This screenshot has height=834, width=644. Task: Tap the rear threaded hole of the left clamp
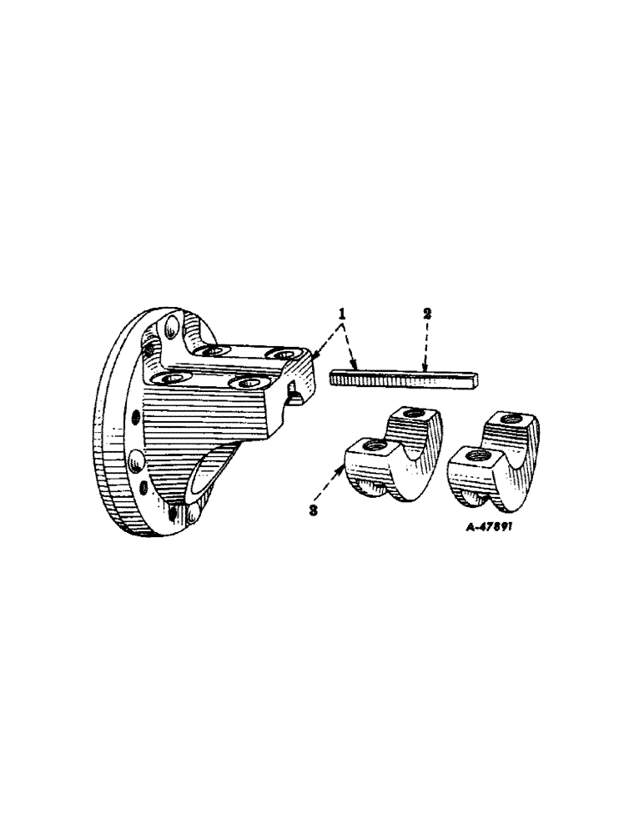[413, 414]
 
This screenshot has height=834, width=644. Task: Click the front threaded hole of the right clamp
[477, 455]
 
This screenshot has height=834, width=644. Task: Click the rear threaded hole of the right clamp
[508, 419]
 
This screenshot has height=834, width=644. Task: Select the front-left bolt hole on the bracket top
[174, 378]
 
